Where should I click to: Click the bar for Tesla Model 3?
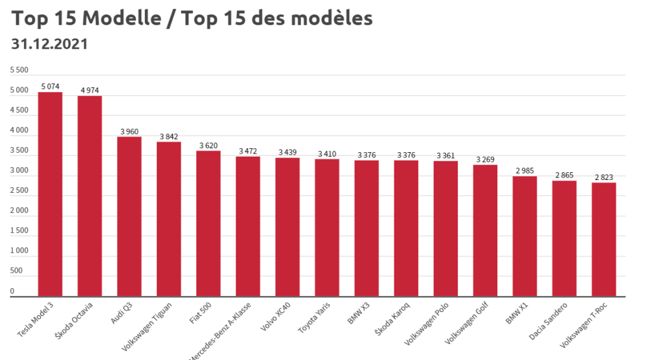(50, 194)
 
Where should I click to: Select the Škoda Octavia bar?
(89, 196)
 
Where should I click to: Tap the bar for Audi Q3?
(129, 216)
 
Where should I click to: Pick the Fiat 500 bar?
(208, 223)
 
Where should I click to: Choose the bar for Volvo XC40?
(287, 227)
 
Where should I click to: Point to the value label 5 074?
(51, 86)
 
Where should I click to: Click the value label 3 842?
(169, 136)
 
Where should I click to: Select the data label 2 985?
(524, 170)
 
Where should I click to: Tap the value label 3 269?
(485, 159)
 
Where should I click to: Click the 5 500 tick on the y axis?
(19, 70)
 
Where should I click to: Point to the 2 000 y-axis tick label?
(19, 210)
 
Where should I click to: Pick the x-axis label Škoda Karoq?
(392, 319)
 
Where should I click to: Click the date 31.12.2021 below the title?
(50, 44)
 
